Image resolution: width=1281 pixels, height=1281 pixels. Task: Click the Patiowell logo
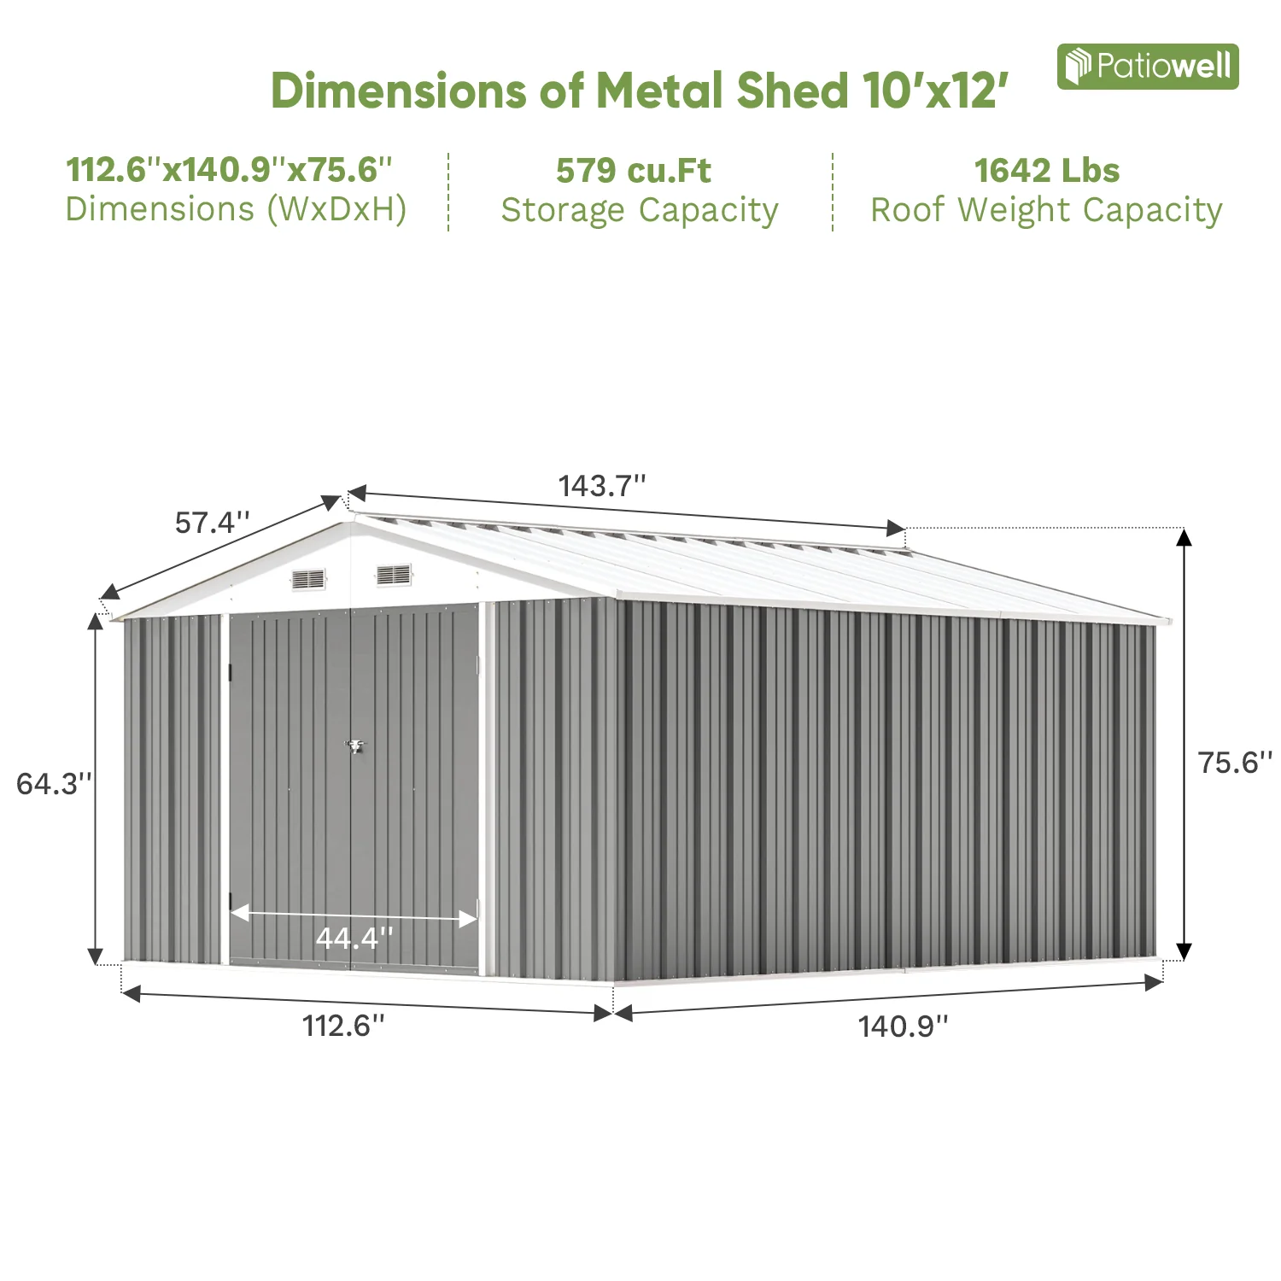1147,67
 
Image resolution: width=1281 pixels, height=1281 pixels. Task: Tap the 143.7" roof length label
601,486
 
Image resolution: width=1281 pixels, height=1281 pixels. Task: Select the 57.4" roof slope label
212,522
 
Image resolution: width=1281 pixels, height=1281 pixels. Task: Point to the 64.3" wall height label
54,783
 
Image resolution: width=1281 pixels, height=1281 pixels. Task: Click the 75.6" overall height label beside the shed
1234,762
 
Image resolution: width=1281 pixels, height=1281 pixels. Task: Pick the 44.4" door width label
354,938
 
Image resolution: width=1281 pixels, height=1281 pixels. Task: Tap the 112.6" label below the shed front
343,1025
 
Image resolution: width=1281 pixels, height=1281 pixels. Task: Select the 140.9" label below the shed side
903,1026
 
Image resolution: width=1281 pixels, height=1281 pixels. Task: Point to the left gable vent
308,580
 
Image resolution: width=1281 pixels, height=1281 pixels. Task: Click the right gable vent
394,575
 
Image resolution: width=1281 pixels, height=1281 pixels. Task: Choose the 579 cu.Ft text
633,171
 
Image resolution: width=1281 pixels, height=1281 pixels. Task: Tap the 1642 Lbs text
1046,171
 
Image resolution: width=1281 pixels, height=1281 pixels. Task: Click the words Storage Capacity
640,210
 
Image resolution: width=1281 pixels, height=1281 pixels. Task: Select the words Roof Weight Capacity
1046,210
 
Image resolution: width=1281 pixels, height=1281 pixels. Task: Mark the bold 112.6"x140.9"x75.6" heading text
229,170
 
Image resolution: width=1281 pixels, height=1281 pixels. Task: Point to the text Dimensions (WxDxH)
236,209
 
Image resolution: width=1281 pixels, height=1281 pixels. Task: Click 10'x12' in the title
935,91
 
